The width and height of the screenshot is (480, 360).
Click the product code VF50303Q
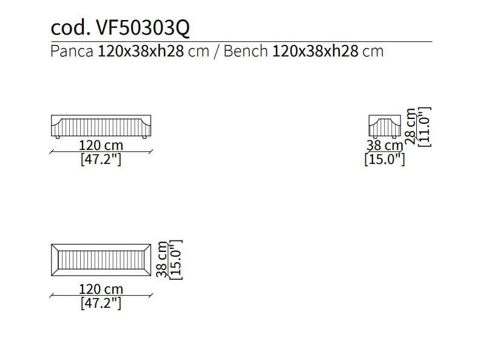point(143,28)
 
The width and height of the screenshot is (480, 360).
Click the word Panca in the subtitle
point(72,51)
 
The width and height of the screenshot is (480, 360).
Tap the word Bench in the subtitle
point(246,51)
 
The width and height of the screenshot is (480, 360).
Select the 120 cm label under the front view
point(101,145)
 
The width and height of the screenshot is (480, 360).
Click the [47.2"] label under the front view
point(101,159)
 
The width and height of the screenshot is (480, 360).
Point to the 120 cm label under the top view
point(101,289)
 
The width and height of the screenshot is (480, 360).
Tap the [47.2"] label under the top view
point(101,303)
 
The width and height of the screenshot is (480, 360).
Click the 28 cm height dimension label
point(410,126)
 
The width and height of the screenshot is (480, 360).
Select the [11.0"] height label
point(425,127)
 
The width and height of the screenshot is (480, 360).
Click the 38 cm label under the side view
point(385,146)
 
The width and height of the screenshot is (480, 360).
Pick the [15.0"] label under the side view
point(385,159)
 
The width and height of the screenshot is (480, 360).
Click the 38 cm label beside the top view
point(161,259)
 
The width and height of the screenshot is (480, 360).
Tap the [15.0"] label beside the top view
point(176,260)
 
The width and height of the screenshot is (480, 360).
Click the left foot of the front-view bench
point(58,137)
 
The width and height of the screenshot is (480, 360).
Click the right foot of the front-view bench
point(144,137)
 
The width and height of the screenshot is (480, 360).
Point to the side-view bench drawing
point(385,126)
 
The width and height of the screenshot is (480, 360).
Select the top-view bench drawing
point(101,260)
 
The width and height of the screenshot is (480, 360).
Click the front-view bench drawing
point(101,126)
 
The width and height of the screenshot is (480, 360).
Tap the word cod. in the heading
point(71,28)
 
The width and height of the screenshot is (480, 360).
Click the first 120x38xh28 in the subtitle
point(141,51)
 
